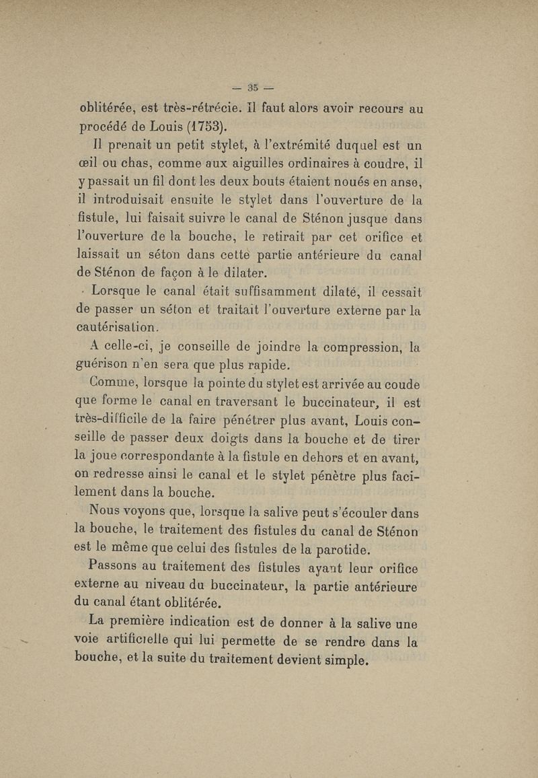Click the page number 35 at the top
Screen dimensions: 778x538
point(253,86)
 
